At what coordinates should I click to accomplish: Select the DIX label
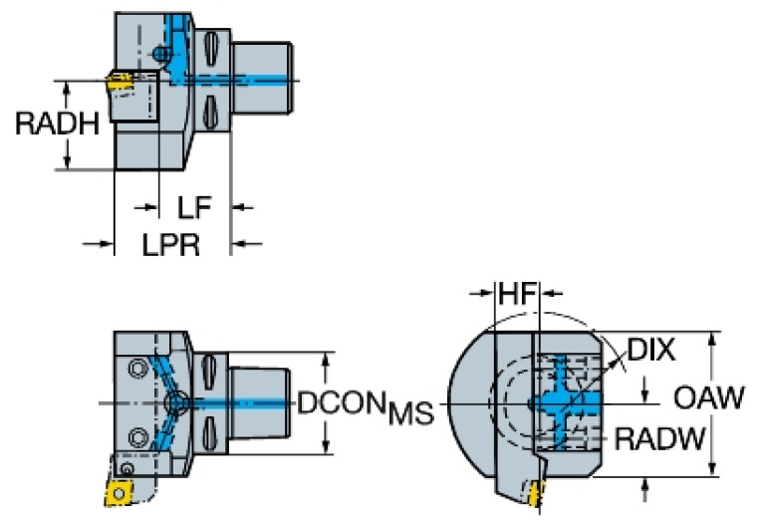click(651, 351)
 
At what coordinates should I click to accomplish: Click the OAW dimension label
click(709, 397)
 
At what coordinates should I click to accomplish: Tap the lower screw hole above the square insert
click(137, 435)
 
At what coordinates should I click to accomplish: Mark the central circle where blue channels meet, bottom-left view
click(177, 402)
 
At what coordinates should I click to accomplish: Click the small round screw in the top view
click(161, 53)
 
